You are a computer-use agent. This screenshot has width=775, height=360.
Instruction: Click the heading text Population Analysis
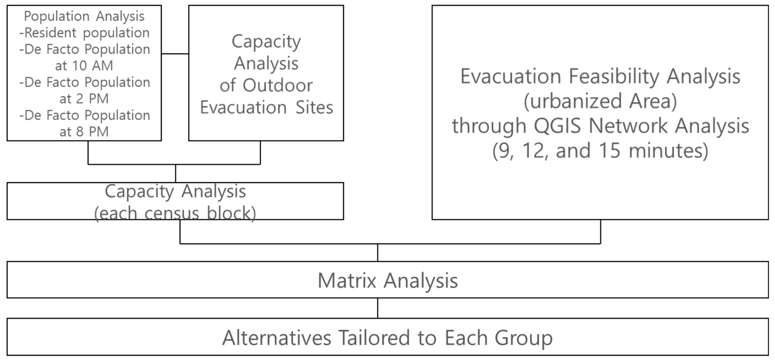84,16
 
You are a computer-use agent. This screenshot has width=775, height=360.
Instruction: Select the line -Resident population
84,33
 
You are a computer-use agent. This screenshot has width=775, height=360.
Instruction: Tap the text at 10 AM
84,66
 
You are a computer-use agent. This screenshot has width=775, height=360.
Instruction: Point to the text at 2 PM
84,99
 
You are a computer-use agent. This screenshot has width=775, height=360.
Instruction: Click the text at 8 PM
84,132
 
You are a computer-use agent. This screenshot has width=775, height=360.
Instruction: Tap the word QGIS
557,126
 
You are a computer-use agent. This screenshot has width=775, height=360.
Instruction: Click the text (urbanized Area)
600,101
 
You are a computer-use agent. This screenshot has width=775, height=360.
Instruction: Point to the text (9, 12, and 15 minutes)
600,151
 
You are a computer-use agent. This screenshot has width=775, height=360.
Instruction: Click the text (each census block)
175,213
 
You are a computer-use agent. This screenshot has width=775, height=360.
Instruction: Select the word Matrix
347,281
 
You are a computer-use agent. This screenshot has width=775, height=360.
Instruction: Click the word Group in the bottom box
523,338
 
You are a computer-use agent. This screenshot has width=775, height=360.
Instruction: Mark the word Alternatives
277,338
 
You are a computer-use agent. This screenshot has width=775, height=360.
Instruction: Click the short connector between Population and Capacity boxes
175,54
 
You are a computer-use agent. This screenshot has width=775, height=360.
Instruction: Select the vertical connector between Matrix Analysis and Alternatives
378,308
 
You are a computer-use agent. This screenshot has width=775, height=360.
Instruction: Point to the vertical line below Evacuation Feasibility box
601,231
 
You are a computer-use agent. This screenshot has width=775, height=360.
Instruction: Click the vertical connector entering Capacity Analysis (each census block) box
175,173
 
